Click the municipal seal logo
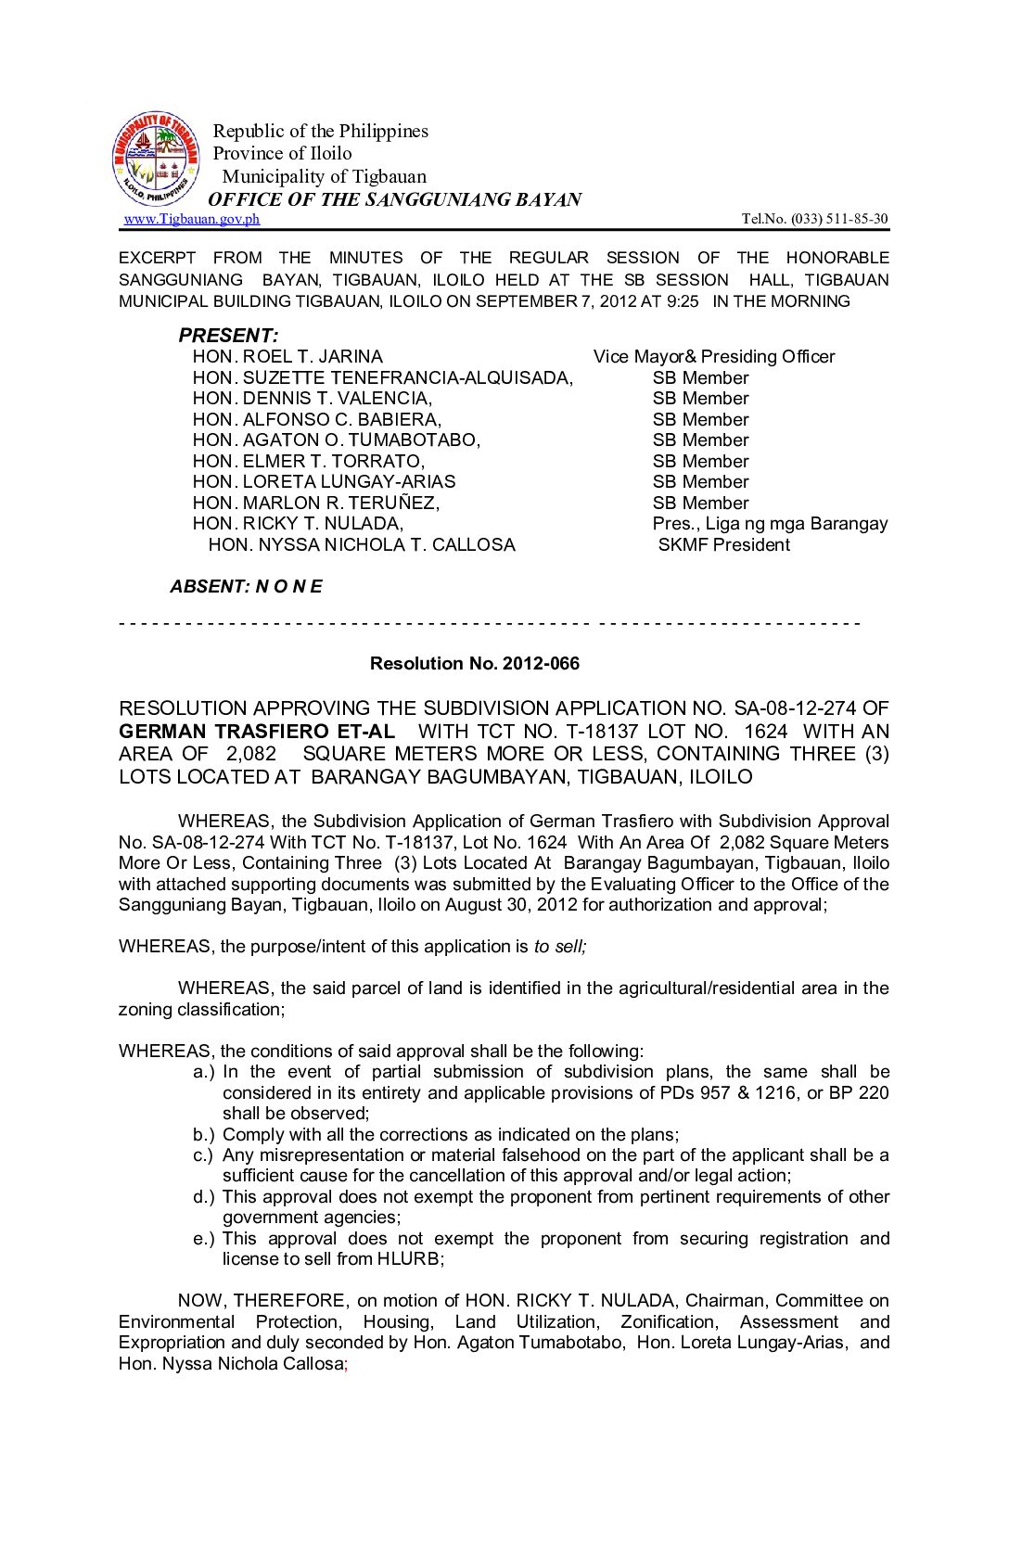(156, 159)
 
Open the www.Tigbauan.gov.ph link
(192, 219)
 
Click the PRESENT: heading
(228, 336)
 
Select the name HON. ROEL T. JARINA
(287, 357)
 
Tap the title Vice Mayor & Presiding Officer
(714, 357)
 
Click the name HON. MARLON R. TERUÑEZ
(316, 504)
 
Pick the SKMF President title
(723, 545)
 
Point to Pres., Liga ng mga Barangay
(770, 524)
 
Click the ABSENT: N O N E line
(246, 587)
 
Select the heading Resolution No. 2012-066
(475, 664)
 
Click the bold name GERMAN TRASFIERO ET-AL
(257, 732)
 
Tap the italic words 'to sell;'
(560, 947)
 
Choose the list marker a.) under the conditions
(204, 1072)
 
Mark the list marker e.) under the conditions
(204, 1239)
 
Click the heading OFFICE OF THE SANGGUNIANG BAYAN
(395, 199)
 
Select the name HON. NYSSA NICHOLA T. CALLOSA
(362, 545)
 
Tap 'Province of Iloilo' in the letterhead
(283, 154)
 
